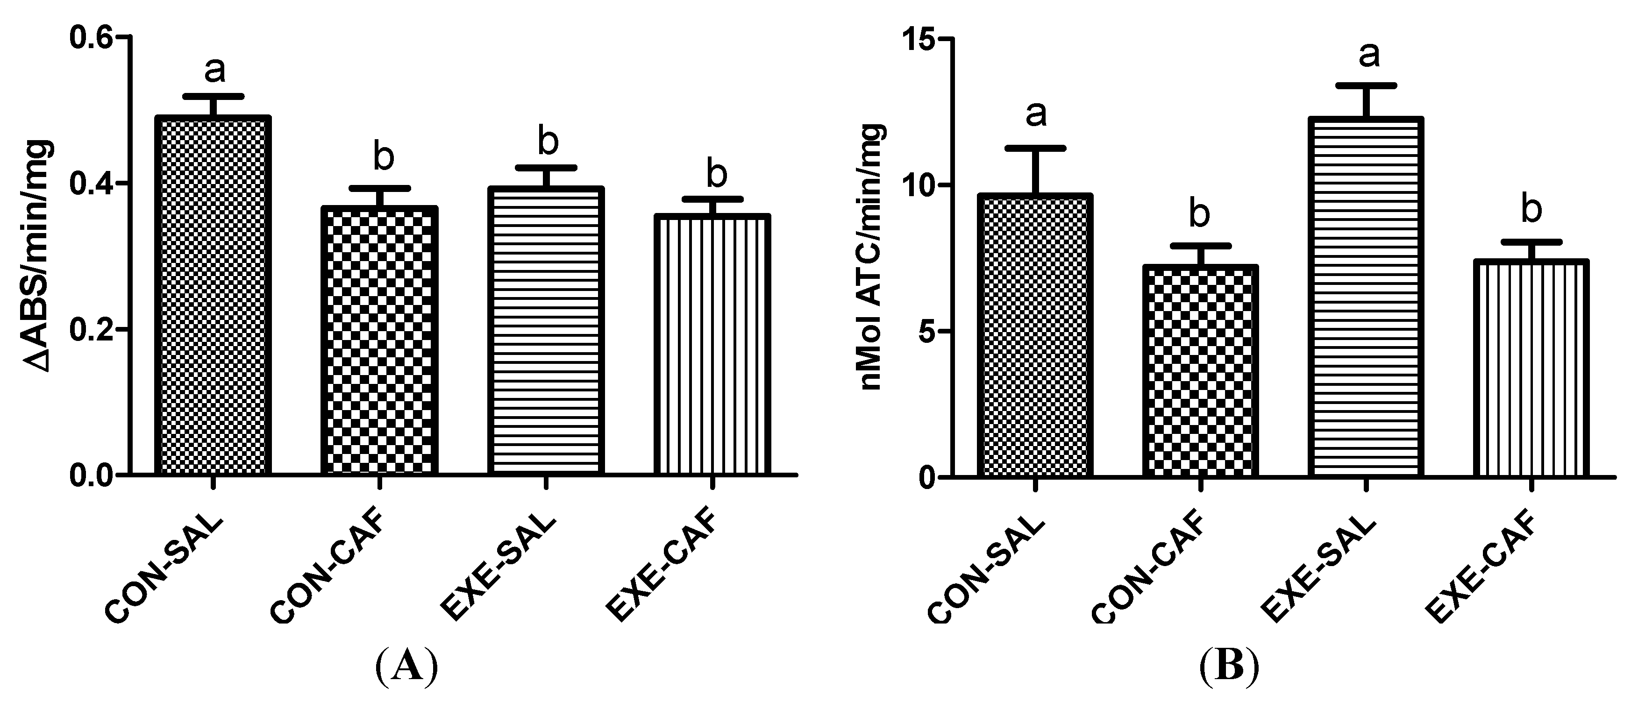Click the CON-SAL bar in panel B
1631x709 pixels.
click(1035, 335)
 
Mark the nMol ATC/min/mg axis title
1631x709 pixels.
click(873, 256)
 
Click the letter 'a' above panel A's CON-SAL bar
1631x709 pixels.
click(214, 70)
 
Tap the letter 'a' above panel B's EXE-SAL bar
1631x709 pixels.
click(1369, 56)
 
